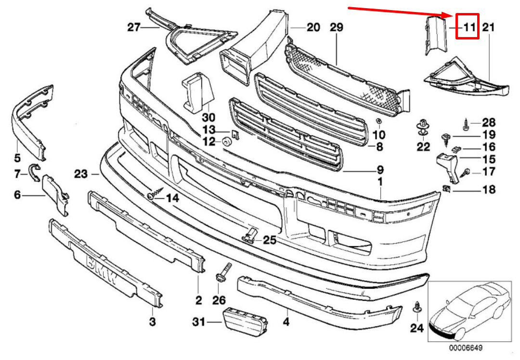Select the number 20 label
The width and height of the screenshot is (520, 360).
313,27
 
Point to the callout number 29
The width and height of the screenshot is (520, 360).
336,27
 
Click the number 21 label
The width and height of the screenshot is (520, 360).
488,27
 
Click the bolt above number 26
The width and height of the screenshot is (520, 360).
224,272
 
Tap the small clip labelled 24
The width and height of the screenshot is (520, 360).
417,308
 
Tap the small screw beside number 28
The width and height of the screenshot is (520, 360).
467,125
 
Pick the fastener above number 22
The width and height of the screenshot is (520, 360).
423,127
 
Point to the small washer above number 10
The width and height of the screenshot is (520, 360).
378,121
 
